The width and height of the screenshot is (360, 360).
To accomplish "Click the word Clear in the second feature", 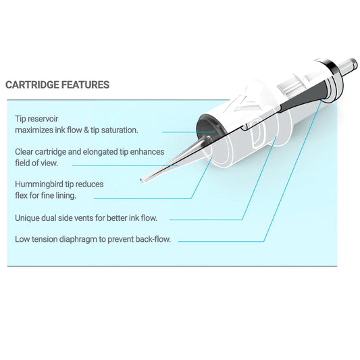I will coord(26,151).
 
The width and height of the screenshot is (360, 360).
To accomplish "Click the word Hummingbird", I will coord(40,184).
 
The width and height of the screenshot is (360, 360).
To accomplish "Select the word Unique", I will coord(29,218).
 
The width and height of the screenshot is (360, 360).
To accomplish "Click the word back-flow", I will coord(155,239).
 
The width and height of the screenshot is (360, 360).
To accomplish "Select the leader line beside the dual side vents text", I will coord(209,219).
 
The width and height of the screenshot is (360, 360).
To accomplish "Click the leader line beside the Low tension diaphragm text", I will coord(223,240).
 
